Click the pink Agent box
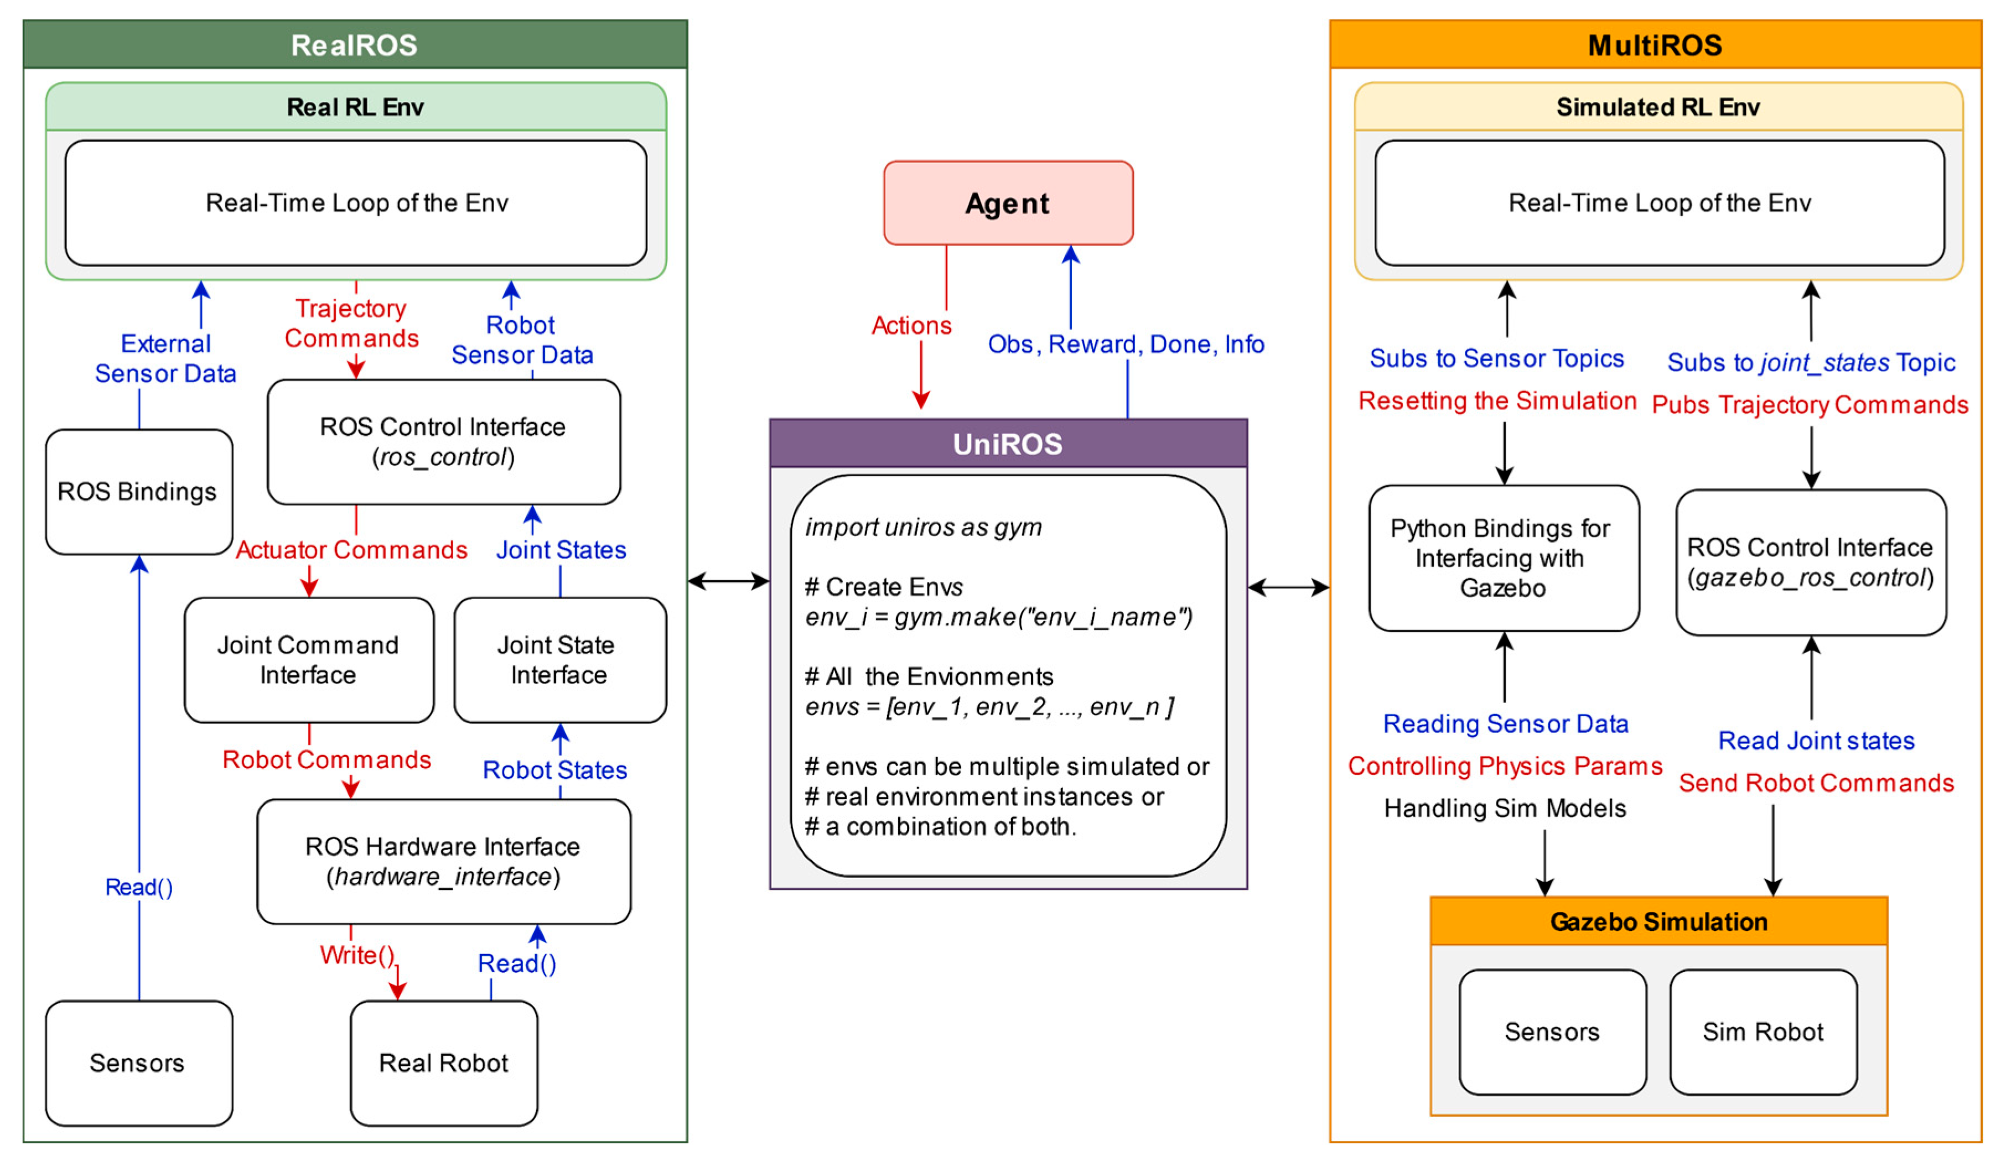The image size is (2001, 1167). pyautogui.click(x=1008, y=203)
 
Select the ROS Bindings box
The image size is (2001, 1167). pyautogui.click(x=139, y=491)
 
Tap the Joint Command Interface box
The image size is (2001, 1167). pyautogui.click(x=309, y=660)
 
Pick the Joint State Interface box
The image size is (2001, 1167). pyautogui.click(x=560, y=660)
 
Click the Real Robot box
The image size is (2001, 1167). pyautogui.click(x=444, y=1063)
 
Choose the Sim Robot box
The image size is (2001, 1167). pyautogui.click(x=1763, y=1032)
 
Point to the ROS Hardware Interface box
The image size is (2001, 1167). pyautogui.click(x=444, y=861)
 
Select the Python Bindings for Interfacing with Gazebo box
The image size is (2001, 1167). pyautogui.click(x=1504, y=558)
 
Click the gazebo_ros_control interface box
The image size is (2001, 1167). pyautogui.click(x=1811, y=562)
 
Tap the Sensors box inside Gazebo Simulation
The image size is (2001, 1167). pyautogui.click(x=1552, y=1032)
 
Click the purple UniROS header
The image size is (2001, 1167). pyautogui.click(x=1008, y=443)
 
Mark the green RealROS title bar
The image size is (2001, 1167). pyautogui.click(x=355, y=44)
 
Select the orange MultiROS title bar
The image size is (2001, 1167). pyautogui.click(x=1656, y=44)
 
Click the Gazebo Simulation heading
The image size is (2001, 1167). pyautogui.click(x=1659, y=921)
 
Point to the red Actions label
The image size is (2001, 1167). pyautogui.click(x=911, y=326)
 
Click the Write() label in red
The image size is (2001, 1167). pyautogui.click(x=357, y=955)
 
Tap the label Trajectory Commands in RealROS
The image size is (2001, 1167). pyautogui.click(x=352, y=323)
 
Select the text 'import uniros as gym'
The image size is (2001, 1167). pyautogui.click(x=924, y=527)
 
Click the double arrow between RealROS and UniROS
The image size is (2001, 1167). pyautogui.click(x=728, y=582)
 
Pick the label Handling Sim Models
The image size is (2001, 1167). pyautogui.click(x=1505, y=808)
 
